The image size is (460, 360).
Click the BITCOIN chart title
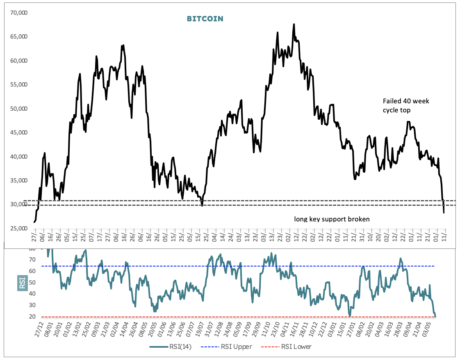[205, 19]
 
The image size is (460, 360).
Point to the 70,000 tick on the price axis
[19, 13]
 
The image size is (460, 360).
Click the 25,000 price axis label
[19, 228]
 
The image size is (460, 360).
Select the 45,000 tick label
[19, 132]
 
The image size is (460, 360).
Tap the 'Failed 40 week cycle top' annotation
[406, 105]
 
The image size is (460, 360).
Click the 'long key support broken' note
[332, 219]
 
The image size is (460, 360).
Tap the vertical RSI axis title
[22, 283]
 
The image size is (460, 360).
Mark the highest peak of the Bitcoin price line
[294, 24]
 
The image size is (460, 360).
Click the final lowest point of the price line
[444, 213]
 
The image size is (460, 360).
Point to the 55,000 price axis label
[19, 84]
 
